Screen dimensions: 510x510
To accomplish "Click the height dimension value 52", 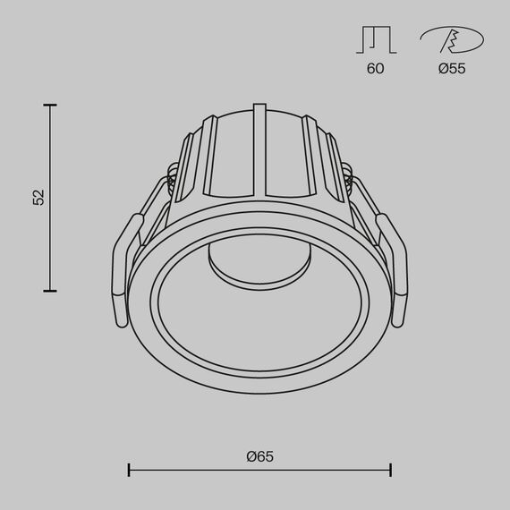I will click(38, 198).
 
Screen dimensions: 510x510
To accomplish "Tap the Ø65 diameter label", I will click(259, 455).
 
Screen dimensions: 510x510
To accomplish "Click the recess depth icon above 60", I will click(375, 39).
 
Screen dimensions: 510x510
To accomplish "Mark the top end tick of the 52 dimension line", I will click(50, 106).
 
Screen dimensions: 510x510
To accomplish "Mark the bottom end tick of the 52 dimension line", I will click(50, 291).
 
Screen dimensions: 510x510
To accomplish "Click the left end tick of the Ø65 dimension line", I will click(130, 470).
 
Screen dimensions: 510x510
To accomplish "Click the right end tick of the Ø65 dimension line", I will click(391, 470).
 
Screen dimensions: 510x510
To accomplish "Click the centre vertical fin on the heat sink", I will click(259, 148).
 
